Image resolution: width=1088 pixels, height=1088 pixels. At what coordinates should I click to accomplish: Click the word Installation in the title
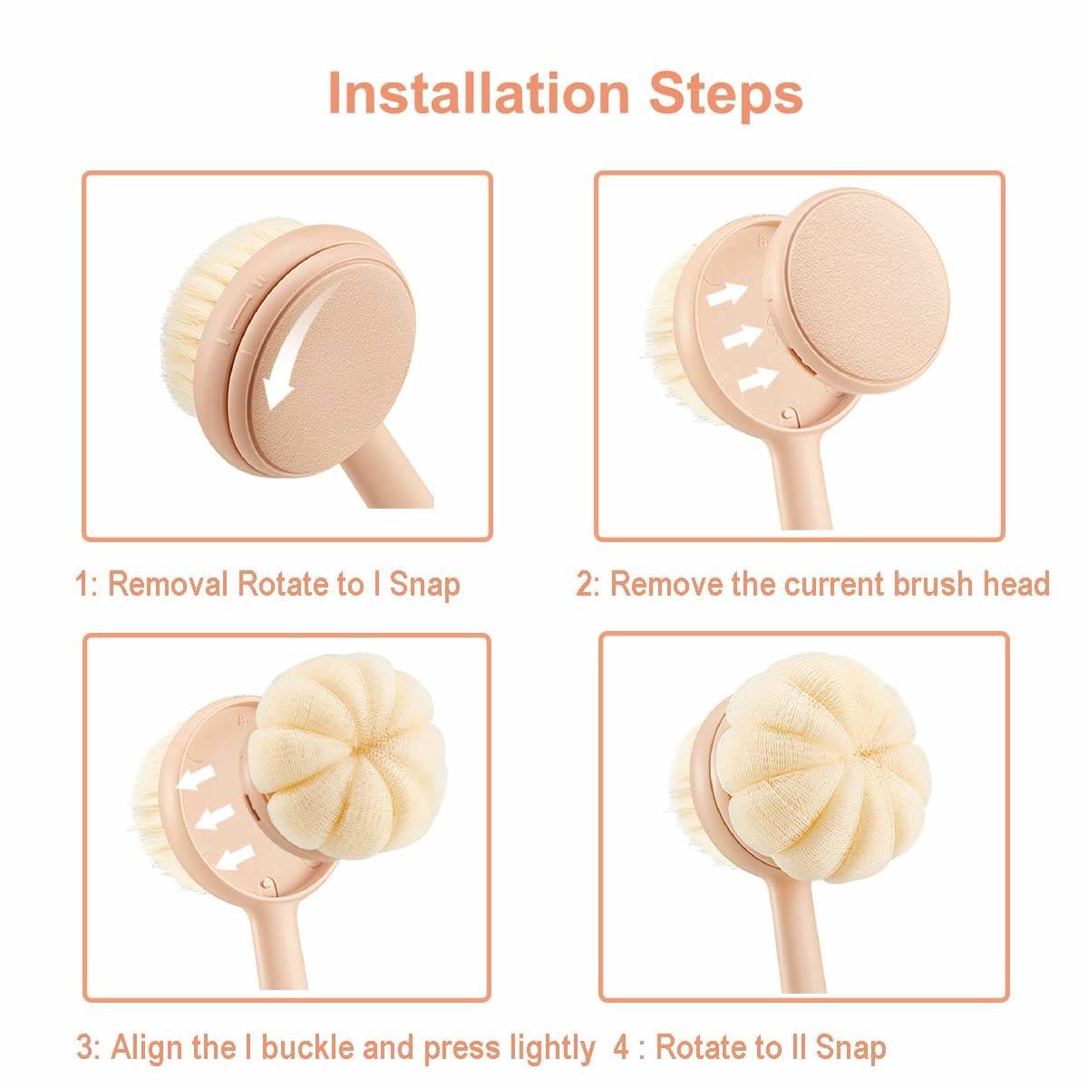tap(479, 93)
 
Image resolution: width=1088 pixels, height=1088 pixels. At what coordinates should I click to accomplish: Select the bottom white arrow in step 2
tap(758, 379)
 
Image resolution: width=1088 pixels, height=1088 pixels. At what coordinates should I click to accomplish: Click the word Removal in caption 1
tap(168, 584)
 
